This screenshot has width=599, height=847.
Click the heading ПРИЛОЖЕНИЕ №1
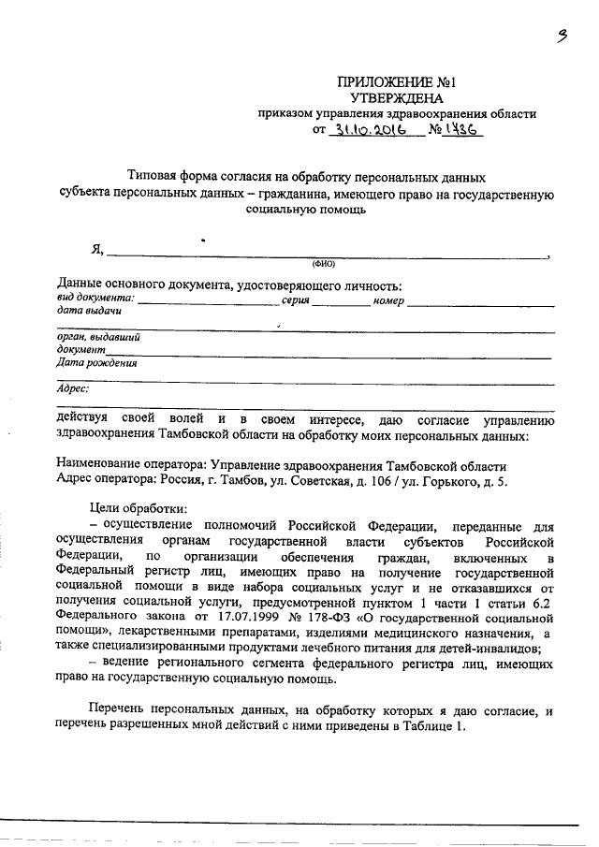click(x=398, y=82)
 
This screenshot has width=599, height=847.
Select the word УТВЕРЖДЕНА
click(x=397, y=98)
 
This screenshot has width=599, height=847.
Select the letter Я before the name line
click(x=95, y=250)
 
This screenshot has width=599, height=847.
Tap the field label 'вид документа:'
click(x=95, y=299)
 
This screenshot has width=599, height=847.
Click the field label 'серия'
click(x=295, y=299)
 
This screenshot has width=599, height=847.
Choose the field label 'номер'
click(x=387, y=299)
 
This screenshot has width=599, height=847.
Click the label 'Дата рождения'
click(x=96, y=364)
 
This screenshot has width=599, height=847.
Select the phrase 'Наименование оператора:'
click(x=132, y=465)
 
